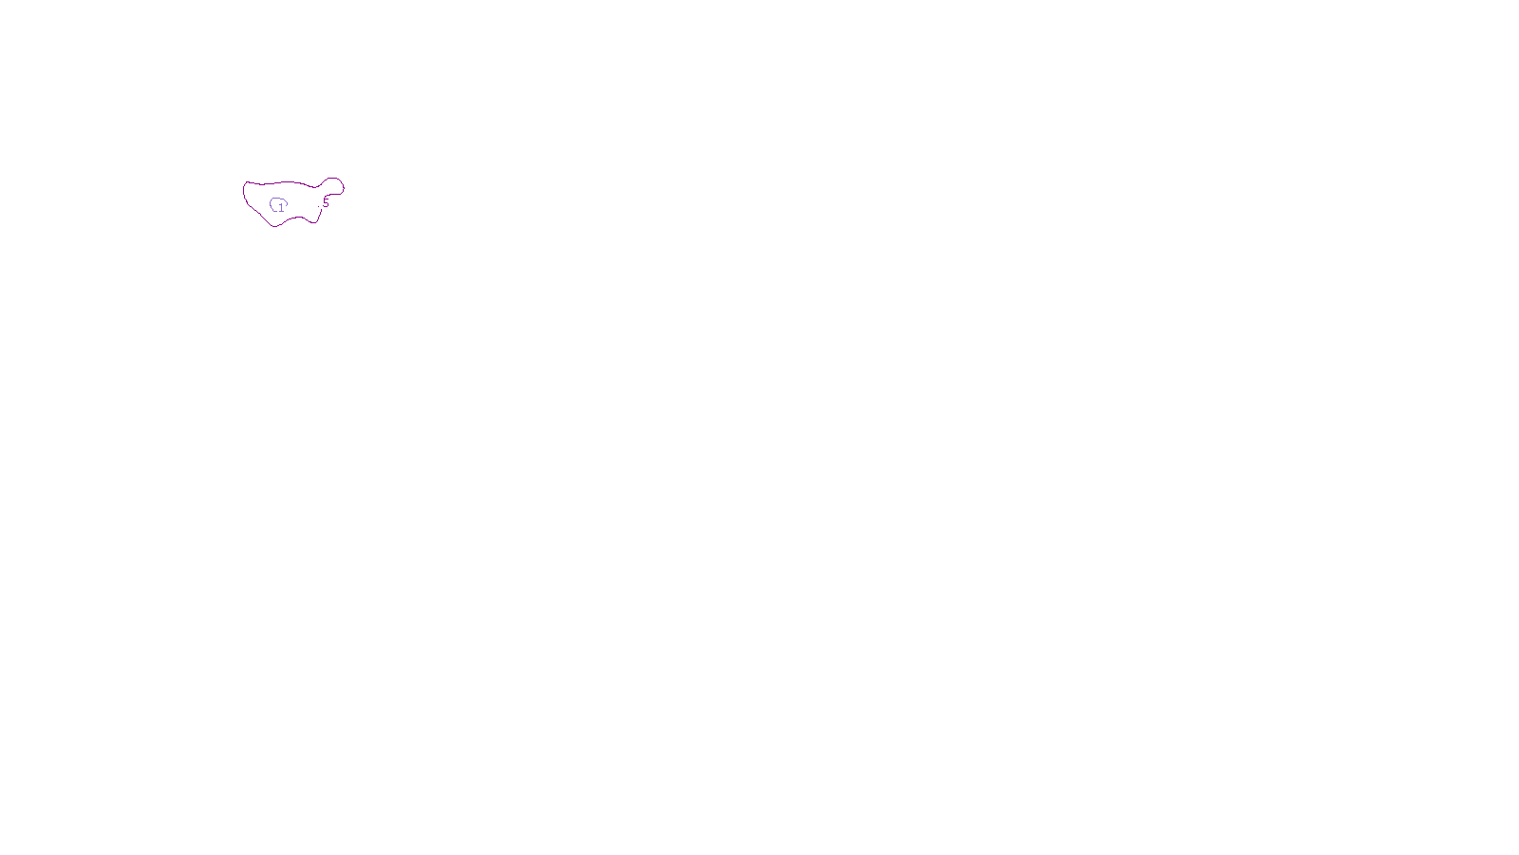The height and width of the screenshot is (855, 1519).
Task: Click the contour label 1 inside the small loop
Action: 281,208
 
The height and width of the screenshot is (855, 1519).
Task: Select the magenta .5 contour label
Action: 324,202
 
